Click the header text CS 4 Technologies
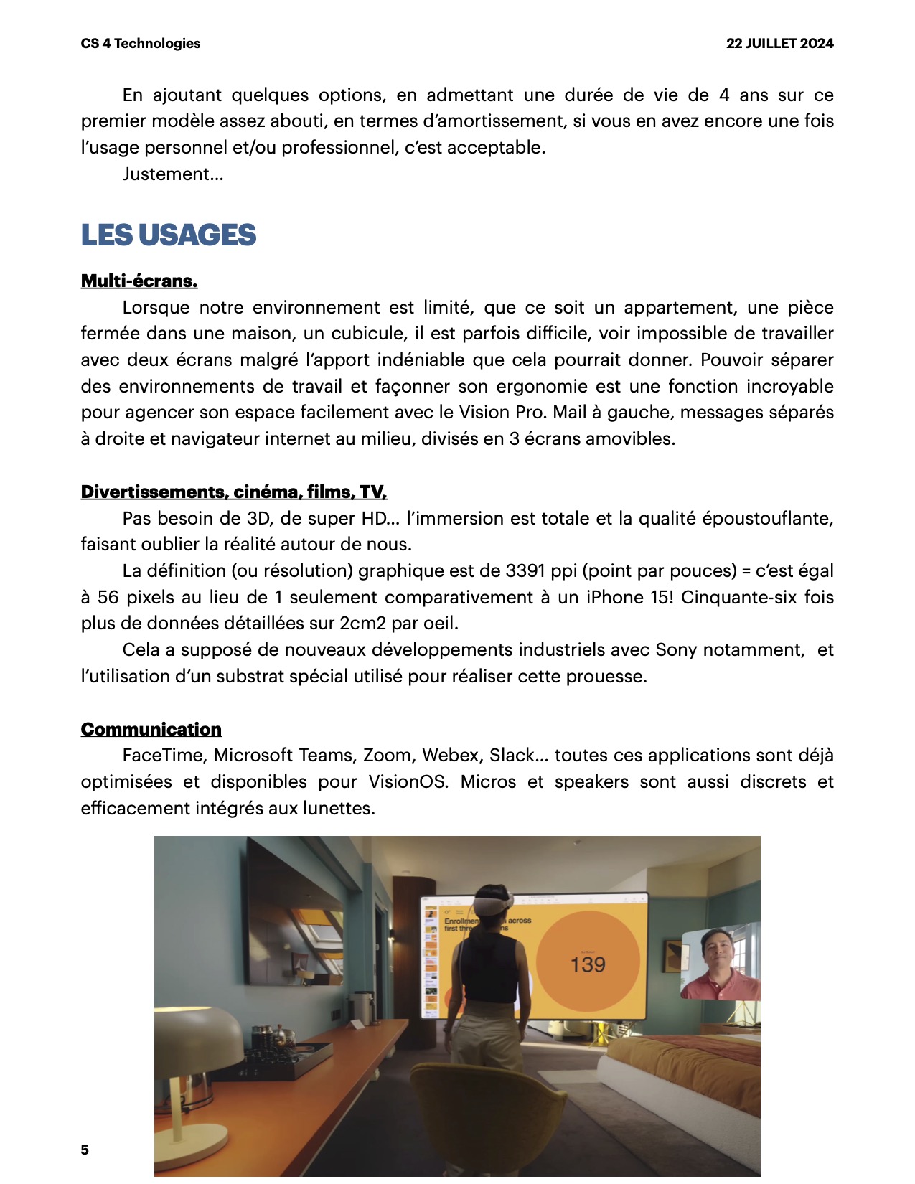(141, 44)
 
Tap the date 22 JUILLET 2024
(779, 44)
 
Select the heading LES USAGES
(168, 235)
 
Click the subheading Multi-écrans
(139, 281)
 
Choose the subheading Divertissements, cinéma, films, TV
(234, 492)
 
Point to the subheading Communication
(151, 730)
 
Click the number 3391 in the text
(525, 571)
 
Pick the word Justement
(172, 174)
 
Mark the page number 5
(85, 1150)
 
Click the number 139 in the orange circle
(588, 964)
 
